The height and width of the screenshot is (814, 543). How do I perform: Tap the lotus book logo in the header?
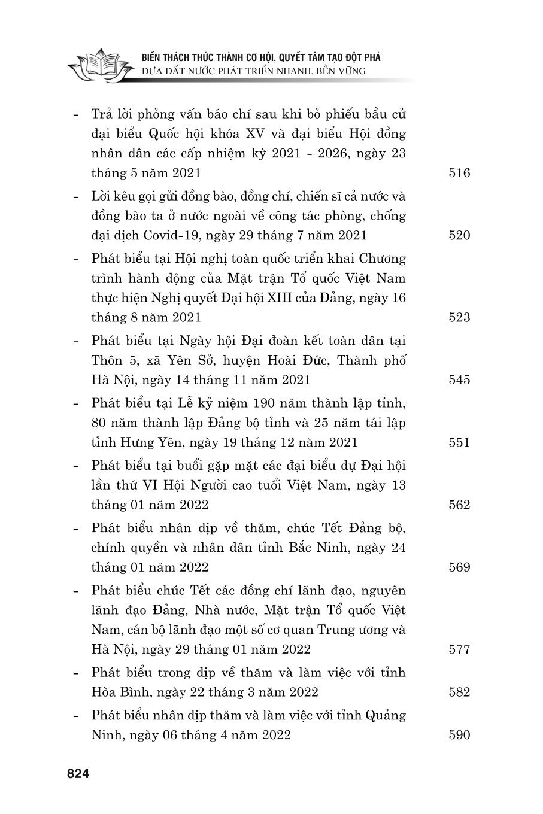click(x=100, y=66)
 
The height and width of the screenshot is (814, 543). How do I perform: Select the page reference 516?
click(x=459, y=174)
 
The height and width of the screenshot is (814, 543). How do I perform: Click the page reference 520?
click(x=459, y=236)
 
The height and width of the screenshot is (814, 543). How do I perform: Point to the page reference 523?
click(x=459, y=317)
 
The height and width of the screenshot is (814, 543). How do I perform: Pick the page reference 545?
click(x=459, y=380)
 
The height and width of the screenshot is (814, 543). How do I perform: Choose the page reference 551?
click(x=459, y=442)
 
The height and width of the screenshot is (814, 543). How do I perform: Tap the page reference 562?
click(x=459, y=505)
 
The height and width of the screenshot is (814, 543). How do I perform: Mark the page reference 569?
click(x=459, y=567)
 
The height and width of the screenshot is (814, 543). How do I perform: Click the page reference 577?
click(x=459, y=649)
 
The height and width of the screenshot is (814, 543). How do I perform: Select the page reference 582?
click(x=459, y=692)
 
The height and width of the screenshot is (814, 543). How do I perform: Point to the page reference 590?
click(x=459, y=735)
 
